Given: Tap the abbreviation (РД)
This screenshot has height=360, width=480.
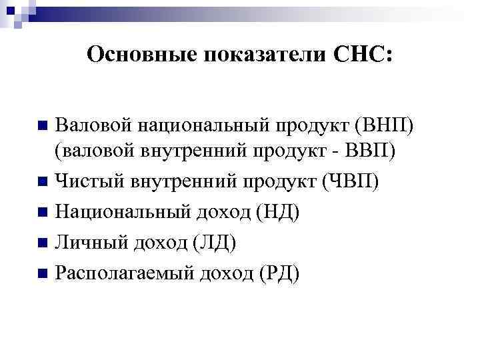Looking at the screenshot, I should coord(277,273).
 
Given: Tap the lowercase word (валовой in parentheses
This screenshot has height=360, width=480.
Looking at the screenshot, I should coord(93,152).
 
